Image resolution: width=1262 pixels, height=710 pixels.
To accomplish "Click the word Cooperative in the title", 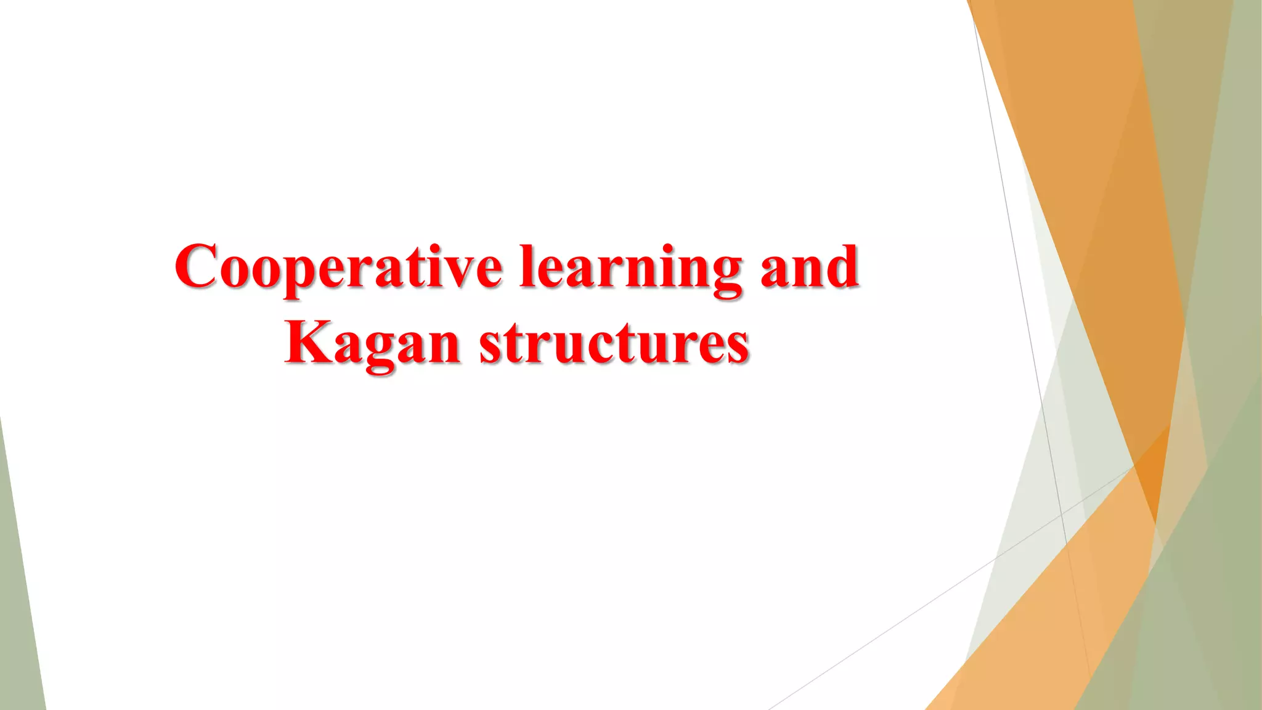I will [x=338, y=267].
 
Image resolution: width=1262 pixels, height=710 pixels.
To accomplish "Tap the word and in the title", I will [x=809, y=267].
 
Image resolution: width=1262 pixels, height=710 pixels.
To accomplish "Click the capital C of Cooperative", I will [x=198, y=266].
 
